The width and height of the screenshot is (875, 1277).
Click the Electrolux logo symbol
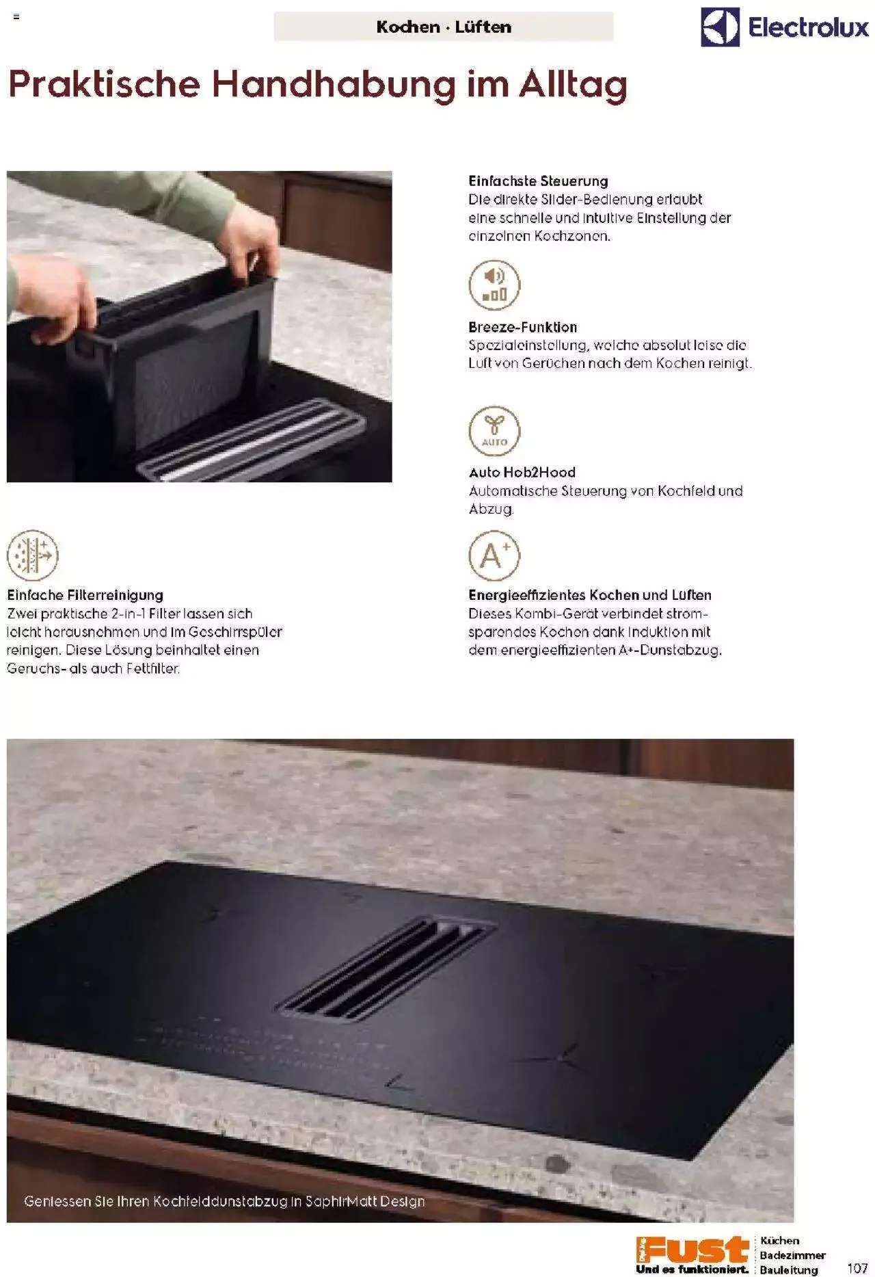pyautogui.click(x=720, y=27)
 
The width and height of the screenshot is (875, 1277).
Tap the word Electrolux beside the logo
pyautogui.click(x=809, y=27)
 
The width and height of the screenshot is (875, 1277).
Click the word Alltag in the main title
pyautogui.click(x=573, y=85)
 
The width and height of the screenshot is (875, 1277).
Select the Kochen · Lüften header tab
pyautogui.click(x=444, y=27)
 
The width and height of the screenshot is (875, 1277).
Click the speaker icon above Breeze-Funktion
pyautogui.click(x=494, y=285)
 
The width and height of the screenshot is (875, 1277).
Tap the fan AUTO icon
pyautogui.click(x=494, y=431)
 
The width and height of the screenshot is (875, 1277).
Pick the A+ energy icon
pyautogui.click(x=494, y=555)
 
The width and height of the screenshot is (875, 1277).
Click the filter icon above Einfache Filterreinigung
pyautogui.click(x=32, y=555)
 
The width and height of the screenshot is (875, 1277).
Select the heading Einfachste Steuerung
pyautogui.click(x=538, y=181)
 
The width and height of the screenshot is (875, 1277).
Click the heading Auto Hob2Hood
pyautogui.click(x=522, y=472)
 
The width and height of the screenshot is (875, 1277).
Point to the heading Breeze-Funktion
pyautogui.click(x=523, y=327)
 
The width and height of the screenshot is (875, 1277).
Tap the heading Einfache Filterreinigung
pyautogui.click(x=85, y=595)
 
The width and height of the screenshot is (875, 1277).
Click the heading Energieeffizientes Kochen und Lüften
pyautogui.click(x=590, y=595)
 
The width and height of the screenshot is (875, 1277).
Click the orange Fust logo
pyautogui.click(x=692, y=1248)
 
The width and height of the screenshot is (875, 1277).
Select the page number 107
pyautogui.click(x=857, y=1268)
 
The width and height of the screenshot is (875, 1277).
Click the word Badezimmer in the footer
pyautogui.click(x=793, y=1255)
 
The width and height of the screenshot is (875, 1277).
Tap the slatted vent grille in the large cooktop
pyautogui.click(x=386, y=969)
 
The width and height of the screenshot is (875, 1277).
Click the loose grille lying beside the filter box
pyautogui.click(x=252, y=439)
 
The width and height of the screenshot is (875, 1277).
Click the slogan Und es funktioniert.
pyautogui.click(x=692, y=1269)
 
